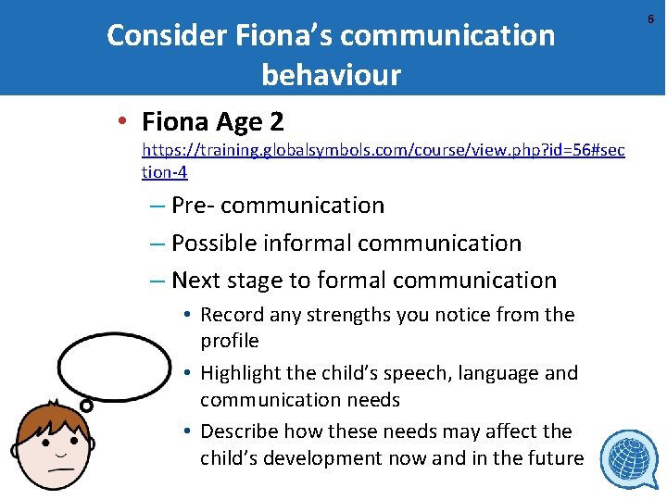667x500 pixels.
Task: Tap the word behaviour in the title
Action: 331,74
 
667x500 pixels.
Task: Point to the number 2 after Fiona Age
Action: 275,121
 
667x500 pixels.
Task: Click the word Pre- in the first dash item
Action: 194,205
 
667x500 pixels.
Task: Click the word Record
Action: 232,315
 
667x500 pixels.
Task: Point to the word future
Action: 553,458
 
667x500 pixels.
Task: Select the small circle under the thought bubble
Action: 86,405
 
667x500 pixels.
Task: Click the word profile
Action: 229,342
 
